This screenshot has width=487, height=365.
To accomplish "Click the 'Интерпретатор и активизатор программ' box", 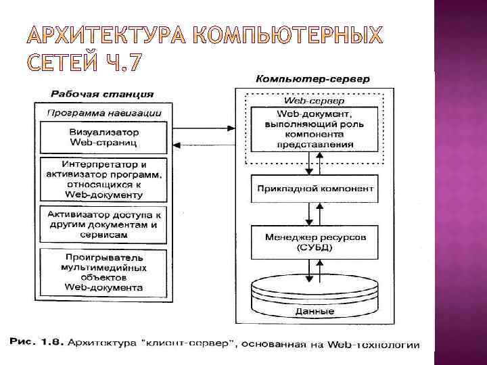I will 103,178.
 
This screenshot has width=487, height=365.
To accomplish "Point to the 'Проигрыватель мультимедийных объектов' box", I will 103,272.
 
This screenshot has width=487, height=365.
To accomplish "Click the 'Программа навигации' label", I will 103,113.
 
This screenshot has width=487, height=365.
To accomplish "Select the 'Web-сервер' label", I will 312,100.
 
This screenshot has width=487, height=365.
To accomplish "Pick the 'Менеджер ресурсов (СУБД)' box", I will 312,243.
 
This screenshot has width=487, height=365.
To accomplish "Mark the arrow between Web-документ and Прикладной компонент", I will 312,164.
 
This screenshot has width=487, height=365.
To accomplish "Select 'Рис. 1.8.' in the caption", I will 34,344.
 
